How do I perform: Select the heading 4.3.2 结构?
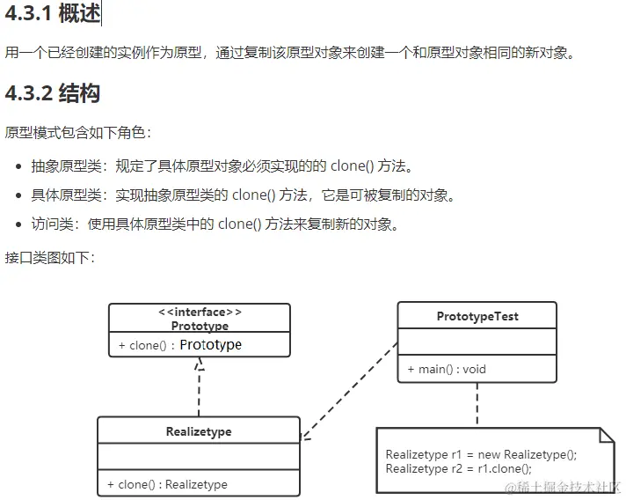tap(53, 93)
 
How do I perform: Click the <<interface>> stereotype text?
tap(200, 312)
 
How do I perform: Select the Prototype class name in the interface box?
tap(200, 326)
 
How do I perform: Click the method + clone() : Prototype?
tap(180, 345)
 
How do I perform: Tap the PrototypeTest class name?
tap(477, 316)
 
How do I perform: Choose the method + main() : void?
tap(447, 369)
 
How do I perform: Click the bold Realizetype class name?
tap(199, 431)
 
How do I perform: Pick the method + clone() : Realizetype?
tap(167, 484)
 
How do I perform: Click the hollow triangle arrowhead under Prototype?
tap(200, 364)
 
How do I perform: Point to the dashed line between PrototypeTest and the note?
tap(477, 405)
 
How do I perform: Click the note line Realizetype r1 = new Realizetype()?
tap(481, 455)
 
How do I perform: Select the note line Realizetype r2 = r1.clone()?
tap(459, 468)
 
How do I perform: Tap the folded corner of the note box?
tap(606, 434)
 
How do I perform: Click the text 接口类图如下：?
tap(49, 258)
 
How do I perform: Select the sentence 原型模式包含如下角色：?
tap(78, 133)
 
